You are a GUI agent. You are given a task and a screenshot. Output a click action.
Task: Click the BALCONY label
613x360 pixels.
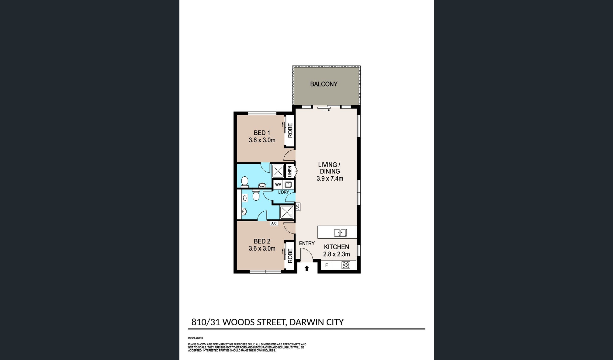[x=324, y=84]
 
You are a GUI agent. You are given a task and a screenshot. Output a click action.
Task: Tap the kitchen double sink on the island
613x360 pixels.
[x=340, y=233]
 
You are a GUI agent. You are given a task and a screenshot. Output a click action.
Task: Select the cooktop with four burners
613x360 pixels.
[x=346, y=265]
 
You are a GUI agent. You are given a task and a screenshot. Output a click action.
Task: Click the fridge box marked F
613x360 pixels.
[x=327, y=265]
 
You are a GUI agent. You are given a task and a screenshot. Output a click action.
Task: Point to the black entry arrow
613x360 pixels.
[x=307, y=268]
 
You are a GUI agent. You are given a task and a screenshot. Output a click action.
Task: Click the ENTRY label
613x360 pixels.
[x=307, y=243]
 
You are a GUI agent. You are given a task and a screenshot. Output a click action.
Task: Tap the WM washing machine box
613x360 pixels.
[x=278, y=185]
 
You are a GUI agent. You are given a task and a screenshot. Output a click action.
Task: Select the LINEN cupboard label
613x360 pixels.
[x=290, y=171]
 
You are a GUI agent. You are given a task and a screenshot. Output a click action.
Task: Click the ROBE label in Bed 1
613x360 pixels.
[x=290, y=130]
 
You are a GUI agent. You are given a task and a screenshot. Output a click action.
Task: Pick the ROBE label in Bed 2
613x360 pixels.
[x=290, y=256]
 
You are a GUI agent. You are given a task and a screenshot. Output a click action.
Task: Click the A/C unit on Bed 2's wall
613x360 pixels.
[x=274, y=223]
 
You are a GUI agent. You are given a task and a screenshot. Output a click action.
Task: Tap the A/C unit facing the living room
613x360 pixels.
[x=298, y=207]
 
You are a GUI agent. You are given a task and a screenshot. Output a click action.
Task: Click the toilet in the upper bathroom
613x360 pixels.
[x=244, y=182]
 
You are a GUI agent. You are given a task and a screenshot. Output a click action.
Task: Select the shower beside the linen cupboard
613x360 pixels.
[x=278, y=171]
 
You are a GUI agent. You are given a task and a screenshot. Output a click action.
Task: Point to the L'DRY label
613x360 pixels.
[x=283, y=192]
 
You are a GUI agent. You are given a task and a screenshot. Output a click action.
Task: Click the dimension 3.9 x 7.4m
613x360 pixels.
[x=330, y=179]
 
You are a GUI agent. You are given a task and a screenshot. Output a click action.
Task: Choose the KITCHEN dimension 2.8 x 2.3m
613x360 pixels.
[x=336, y=254]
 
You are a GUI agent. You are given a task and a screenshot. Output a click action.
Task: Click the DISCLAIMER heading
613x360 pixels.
[x=196, y=338]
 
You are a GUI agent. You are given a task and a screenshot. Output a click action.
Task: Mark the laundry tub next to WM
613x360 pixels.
[x=288, y=185]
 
